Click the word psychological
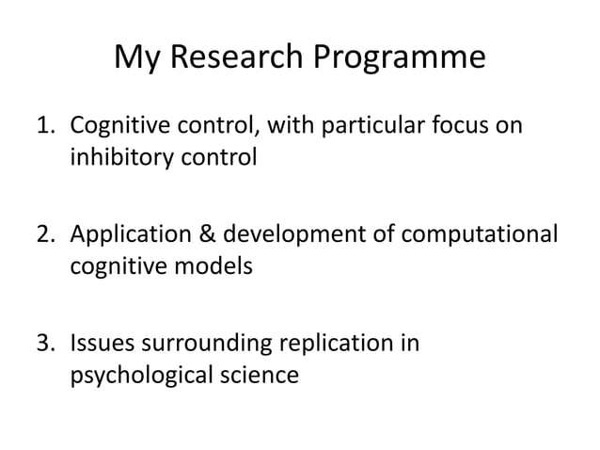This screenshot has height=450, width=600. tap(143, 377)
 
